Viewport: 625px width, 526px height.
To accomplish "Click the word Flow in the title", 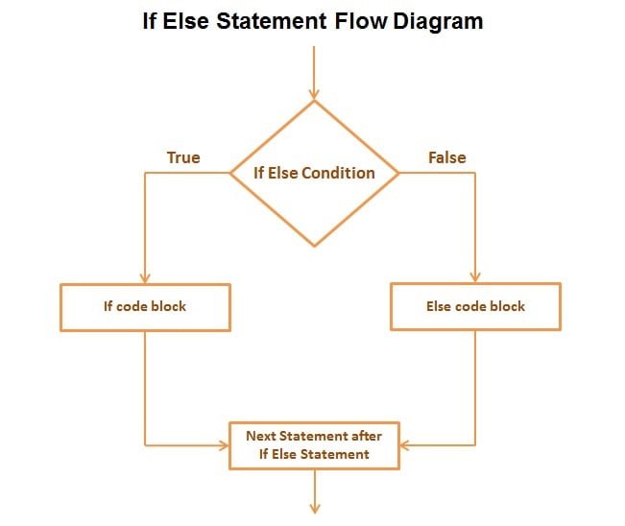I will [x=361, y=21].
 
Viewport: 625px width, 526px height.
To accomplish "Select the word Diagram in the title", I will [x=437, y=21].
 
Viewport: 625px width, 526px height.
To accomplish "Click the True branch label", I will [x=183, y=156].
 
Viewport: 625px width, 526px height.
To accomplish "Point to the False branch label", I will [x=446, y=156].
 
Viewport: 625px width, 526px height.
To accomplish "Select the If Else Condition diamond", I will [x=314, y=174].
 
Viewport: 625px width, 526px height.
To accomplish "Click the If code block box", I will [x=145, y=307].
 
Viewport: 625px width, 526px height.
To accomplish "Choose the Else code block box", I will [x=475, y=307].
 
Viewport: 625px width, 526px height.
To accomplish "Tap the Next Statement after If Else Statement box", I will [x=314, y=444].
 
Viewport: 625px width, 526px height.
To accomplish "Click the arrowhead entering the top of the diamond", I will [x=314, y=93].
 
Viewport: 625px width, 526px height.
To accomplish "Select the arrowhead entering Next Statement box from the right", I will [x=405, y=445].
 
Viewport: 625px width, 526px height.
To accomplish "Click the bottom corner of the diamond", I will [x=314, y=246].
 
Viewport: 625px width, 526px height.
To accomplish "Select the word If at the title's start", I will [x=151, y=21].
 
